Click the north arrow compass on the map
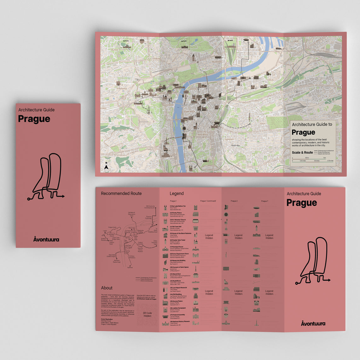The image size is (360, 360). click(x=106, y=166)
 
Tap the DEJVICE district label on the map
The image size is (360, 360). click(x=114, y=50)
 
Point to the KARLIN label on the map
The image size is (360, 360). click(x=270, y=80)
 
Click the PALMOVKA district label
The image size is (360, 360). click(x=291, y=51)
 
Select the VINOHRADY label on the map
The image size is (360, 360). click(x=229, y=139)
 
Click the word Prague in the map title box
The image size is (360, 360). click(x=303, y=132)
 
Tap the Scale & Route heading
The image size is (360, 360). click(x=302, y=153)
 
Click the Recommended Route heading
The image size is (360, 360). click(x=121, y=194)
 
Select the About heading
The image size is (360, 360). click(x=107, y=288)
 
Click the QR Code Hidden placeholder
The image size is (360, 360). click(x=147, y=314)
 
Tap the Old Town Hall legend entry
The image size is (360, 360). click(x=176, y=227)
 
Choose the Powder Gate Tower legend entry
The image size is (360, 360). click(x=178, y=240)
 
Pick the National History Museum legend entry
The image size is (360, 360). click(x=180, y=322)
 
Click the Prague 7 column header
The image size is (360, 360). click(x=264, y=201)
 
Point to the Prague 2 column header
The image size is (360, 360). click(x=234, y=201)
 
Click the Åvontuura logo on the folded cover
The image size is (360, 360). click(x=46, y=239)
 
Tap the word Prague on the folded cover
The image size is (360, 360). click(x=34, y=119)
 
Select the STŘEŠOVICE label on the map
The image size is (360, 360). click(x=122, y=89)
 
